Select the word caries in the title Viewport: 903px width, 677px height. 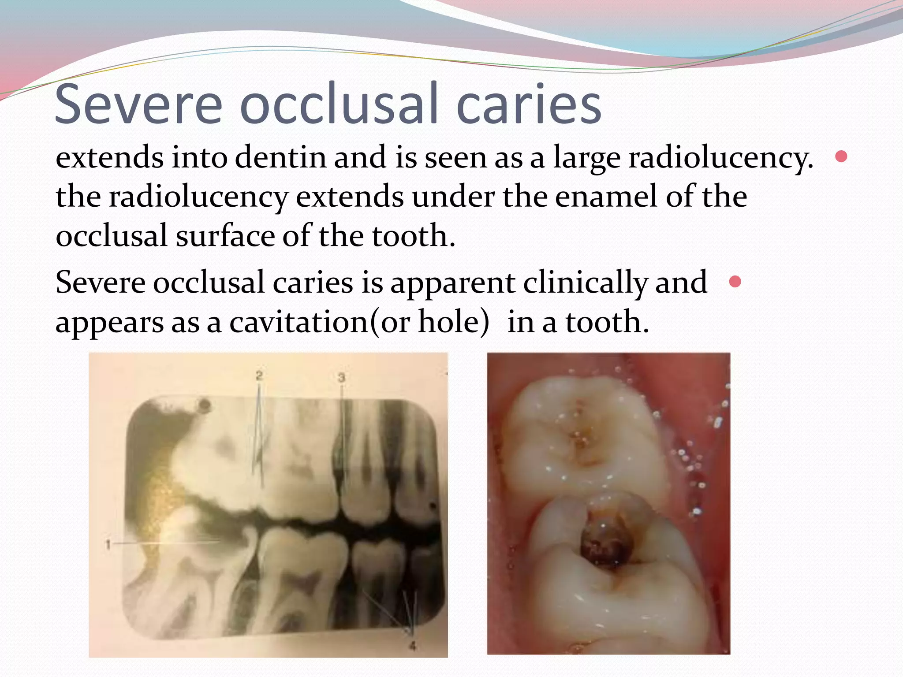coord(529,104)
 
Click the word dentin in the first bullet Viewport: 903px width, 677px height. coord(281,157)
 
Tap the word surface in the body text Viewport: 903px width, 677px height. coord(225,236)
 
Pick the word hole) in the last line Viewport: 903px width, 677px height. coord(454,322)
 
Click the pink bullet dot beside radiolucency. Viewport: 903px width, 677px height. coord(841,156)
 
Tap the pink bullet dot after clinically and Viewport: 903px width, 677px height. coord(735,281)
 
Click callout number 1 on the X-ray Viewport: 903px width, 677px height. coord(108,545)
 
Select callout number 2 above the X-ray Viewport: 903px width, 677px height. coord(259,376)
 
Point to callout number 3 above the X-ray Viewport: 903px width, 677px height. coord(341,377)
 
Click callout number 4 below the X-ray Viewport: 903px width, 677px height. coord(412,646)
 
